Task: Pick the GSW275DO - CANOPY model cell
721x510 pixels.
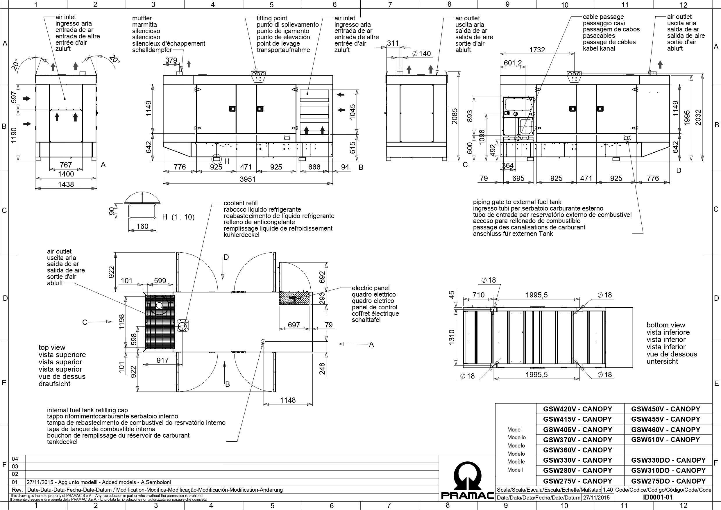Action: (668, 481)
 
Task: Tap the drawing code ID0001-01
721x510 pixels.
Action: (658, 497)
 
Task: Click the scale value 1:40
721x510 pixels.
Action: (608, 490)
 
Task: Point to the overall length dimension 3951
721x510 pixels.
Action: (248, 179)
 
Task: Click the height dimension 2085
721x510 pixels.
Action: (455, 116)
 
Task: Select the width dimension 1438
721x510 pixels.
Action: (66, 184)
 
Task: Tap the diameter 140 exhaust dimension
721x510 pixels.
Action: (421, 54)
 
